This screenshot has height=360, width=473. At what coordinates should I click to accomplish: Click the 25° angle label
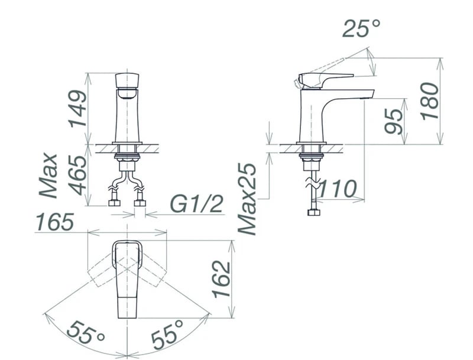(x=361, y=28)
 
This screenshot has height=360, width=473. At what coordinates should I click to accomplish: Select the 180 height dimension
(x=430, y=101)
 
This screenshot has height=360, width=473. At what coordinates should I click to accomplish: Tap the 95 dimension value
(x=394, y=121)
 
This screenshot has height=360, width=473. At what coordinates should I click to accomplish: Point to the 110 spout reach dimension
(x=337, y=189)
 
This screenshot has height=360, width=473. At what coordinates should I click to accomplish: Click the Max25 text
(x=247, y=199)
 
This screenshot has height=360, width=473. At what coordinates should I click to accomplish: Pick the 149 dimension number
(x=77, y=109)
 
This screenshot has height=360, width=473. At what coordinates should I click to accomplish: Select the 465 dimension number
(x=77, y=175)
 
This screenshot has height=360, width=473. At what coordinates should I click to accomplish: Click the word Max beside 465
(x=48, y=176)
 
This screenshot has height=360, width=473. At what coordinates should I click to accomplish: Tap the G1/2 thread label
(x=197, y=204)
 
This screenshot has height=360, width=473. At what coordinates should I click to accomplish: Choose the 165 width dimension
(x=54, y=222)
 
